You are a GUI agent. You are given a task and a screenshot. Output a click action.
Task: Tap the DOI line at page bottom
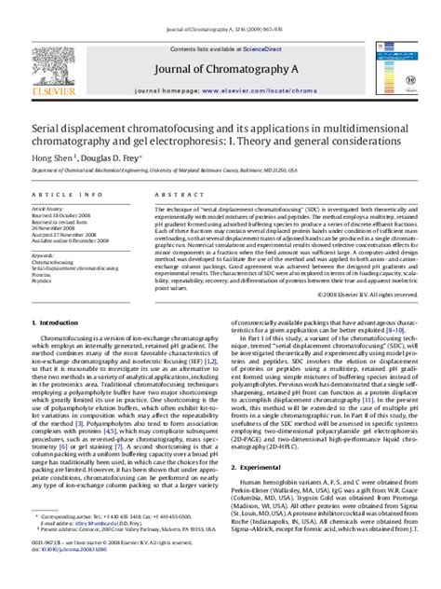pyautogui.click(x=73, y=577)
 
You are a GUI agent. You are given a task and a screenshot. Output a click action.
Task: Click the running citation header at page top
pyautogui.click(x=220, y=7)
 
